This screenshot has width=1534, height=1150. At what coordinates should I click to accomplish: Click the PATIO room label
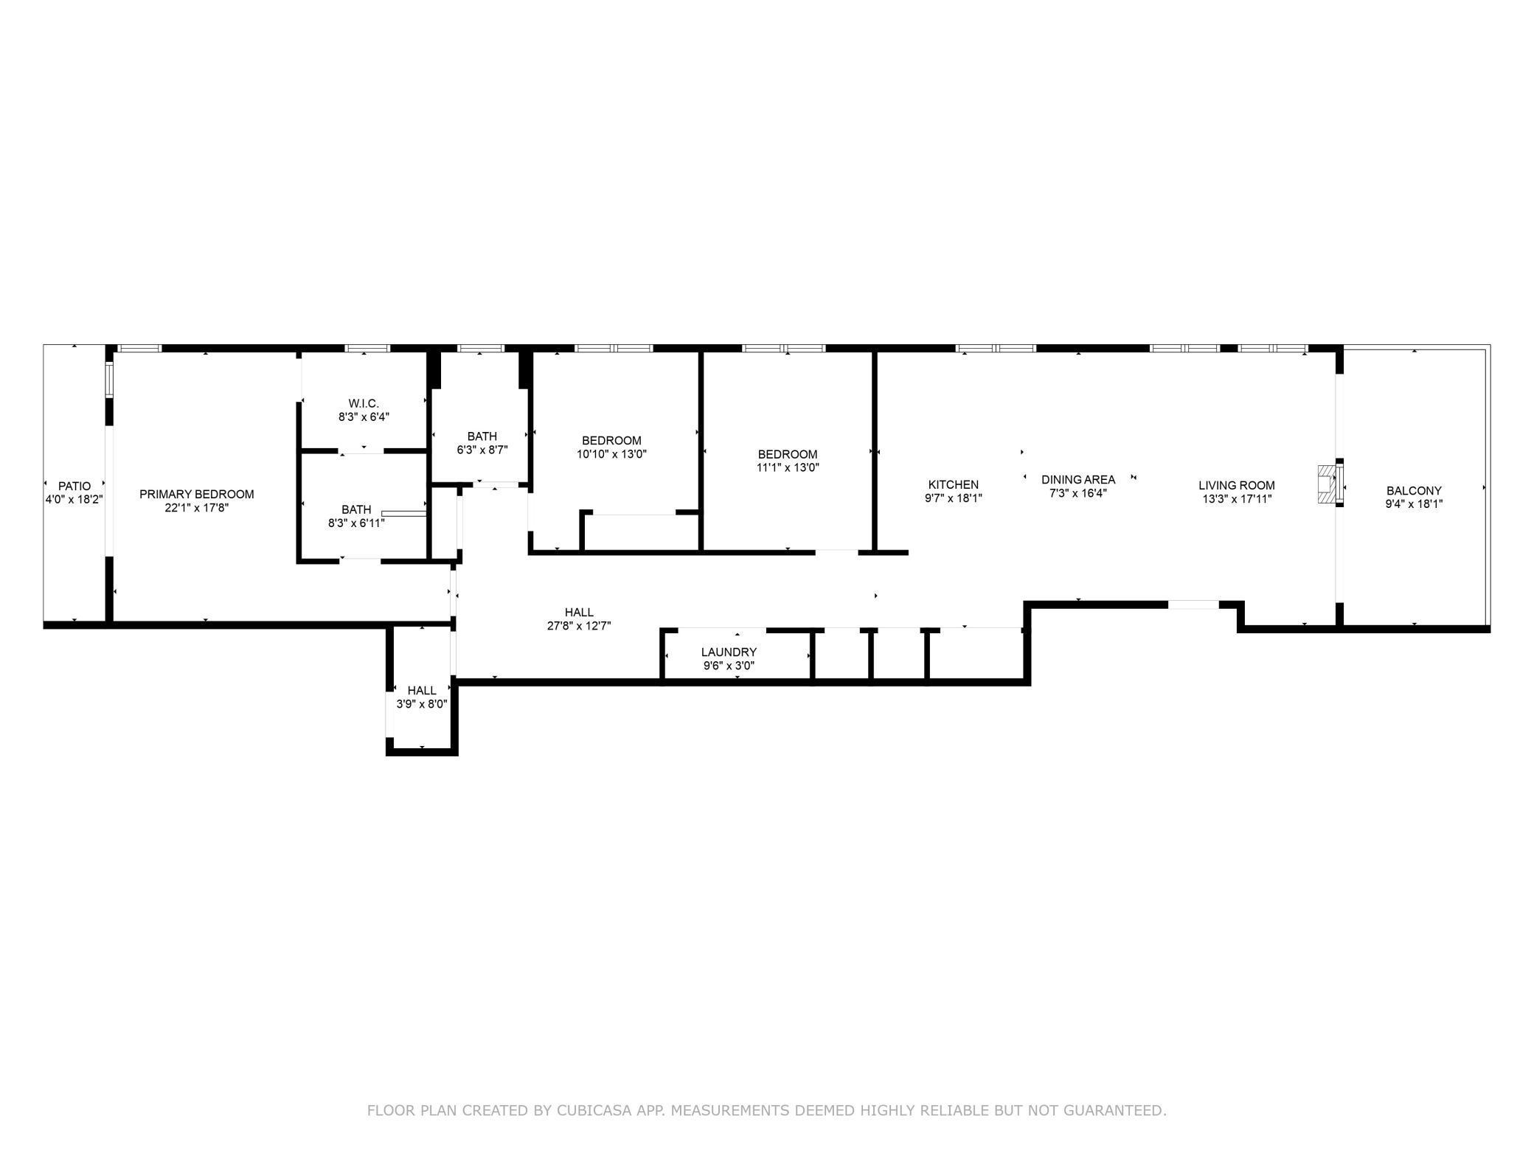[x=74, y=486]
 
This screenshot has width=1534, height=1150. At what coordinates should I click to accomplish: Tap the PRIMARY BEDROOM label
[x=197, y=494]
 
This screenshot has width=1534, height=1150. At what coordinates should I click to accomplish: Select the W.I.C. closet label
[x=364, y=403]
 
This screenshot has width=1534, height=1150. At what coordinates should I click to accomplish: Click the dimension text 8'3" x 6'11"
[x=356, y=523]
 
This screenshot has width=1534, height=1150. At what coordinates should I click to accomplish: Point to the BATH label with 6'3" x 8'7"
[x=482, y=436]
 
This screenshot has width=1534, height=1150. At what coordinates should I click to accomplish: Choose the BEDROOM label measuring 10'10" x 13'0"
[x=611, y=441]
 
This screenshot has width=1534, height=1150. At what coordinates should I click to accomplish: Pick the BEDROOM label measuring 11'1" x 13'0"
[x=788, y=454]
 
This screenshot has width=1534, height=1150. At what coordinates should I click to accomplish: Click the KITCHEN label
[x=954, y=484]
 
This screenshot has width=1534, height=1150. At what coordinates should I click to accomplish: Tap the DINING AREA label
[x=1078, y=479]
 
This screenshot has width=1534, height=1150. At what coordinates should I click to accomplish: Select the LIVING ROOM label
[x=1236, y=485]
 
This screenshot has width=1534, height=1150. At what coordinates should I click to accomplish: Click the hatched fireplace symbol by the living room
[x=1327, y=484]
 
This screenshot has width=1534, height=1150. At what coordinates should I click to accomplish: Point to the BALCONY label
[x=1414, y=490]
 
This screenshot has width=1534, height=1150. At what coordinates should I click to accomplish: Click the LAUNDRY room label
[x=729, y=652]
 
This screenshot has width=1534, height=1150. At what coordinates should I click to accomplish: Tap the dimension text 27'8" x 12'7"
[x=579, y=626]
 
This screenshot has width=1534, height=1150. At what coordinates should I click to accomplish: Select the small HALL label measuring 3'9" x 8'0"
[x=422, y=690]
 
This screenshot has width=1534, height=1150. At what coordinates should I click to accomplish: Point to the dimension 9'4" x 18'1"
[x=1414, y=504]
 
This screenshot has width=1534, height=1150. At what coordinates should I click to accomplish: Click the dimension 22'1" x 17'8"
[x=197, y=507]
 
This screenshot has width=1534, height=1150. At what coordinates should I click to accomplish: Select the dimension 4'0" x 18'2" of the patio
[x=74, y=499]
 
